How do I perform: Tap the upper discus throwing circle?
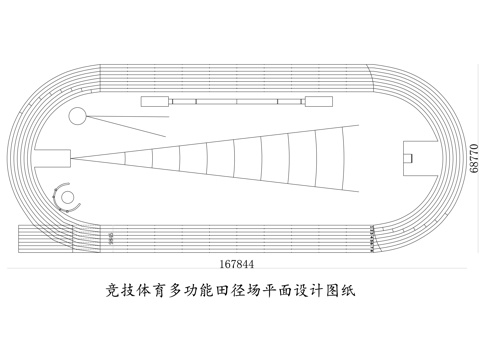click(77, 116)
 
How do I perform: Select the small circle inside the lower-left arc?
click(67, 197)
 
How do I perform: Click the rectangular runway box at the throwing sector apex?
click(55, 157)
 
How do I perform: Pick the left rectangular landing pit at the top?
click(155, 101)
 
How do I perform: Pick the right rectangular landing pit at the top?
click(319, 101)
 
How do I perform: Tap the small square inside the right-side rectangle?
click(410, 156)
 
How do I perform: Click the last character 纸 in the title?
click(349, 292)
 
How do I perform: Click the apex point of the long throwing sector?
click(73, 158)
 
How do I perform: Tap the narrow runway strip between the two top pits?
click(237, 101)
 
